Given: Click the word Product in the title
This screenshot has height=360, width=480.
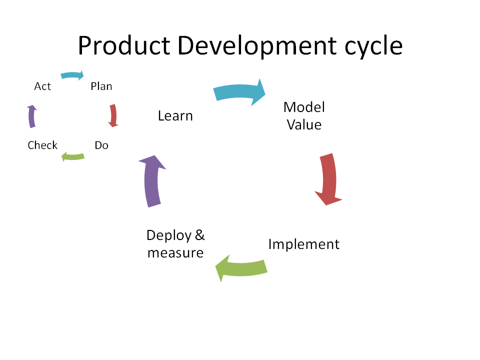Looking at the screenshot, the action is pyautogui.click(x=124, y=45).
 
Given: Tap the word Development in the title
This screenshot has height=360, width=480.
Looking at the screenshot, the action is pyautogui.click(x=257, y=46).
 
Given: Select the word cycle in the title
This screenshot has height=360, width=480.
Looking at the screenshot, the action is pyautogui.click(x=374, y=46).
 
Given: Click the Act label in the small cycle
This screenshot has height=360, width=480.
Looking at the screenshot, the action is pyautogui.click(x=42, y=86).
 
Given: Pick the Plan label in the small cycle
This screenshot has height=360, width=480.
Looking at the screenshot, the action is pyautogui.click(x=101, y=86).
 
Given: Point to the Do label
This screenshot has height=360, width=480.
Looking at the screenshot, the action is pyautogui.click(x=101, y=145).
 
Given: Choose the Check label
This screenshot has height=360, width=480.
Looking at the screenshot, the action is pyautogui.click(x=42, y=145).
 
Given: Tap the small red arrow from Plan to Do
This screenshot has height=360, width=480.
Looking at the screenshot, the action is pyautogui.click(x=113, y=115).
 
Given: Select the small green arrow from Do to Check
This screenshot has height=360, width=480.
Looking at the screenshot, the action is pyautogui.click(x=73, y=156).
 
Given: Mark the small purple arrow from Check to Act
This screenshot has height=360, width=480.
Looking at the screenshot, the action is pyautogui.click(x=31, y=116).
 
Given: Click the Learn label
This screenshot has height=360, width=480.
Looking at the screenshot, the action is pyautogui.click(x=175, y=116).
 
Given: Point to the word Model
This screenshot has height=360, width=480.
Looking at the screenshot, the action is pyautogui.click(x=304, y=107).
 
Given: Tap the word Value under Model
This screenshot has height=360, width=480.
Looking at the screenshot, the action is pyautogui.click(x=304, y=125).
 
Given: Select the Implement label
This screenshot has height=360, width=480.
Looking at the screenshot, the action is pyautogui.click(x=303, y=244).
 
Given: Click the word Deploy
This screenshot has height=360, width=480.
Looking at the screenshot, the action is pyautogui.click(x=168, y=236).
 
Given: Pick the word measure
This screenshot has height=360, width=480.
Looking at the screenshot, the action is pyautogui.click(x=175, y=253).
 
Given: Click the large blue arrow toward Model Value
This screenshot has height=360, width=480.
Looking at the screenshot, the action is pyautogui.click(x=239, y=92).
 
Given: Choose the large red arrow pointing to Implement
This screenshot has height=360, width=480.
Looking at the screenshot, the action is pyautogui.click(x=329, y=179).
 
